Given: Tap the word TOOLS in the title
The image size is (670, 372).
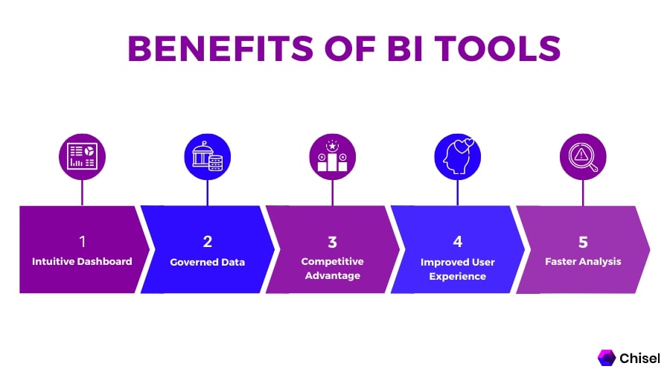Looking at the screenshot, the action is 498,48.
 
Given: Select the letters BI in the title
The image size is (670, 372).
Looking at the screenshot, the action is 405,48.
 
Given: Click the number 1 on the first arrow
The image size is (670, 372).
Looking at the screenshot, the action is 83,242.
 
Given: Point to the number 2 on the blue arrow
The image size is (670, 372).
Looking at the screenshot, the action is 207,242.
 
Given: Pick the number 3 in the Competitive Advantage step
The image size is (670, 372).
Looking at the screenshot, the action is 333,242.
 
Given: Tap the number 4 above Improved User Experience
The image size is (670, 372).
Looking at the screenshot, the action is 458,242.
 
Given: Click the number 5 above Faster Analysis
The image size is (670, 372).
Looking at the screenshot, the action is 583,242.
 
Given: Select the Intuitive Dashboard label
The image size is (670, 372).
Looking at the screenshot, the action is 82,261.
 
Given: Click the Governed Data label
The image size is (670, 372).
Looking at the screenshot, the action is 207,262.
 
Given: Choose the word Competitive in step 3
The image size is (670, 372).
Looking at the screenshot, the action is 333,261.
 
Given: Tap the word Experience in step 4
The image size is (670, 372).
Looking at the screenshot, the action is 458,276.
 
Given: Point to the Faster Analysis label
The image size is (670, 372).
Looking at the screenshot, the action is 583,261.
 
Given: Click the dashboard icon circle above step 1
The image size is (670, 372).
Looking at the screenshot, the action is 82,157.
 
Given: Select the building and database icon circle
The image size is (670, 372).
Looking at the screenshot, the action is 207,157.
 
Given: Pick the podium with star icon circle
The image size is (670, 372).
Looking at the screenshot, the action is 333,157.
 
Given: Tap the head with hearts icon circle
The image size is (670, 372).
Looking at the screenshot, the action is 458,157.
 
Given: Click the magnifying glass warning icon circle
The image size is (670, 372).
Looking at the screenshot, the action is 583,157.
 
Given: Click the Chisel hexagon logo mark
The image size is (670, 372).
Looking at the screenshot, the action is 606,358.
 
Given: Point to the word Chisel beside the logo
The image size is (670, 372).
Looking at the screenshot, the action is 639,358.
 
